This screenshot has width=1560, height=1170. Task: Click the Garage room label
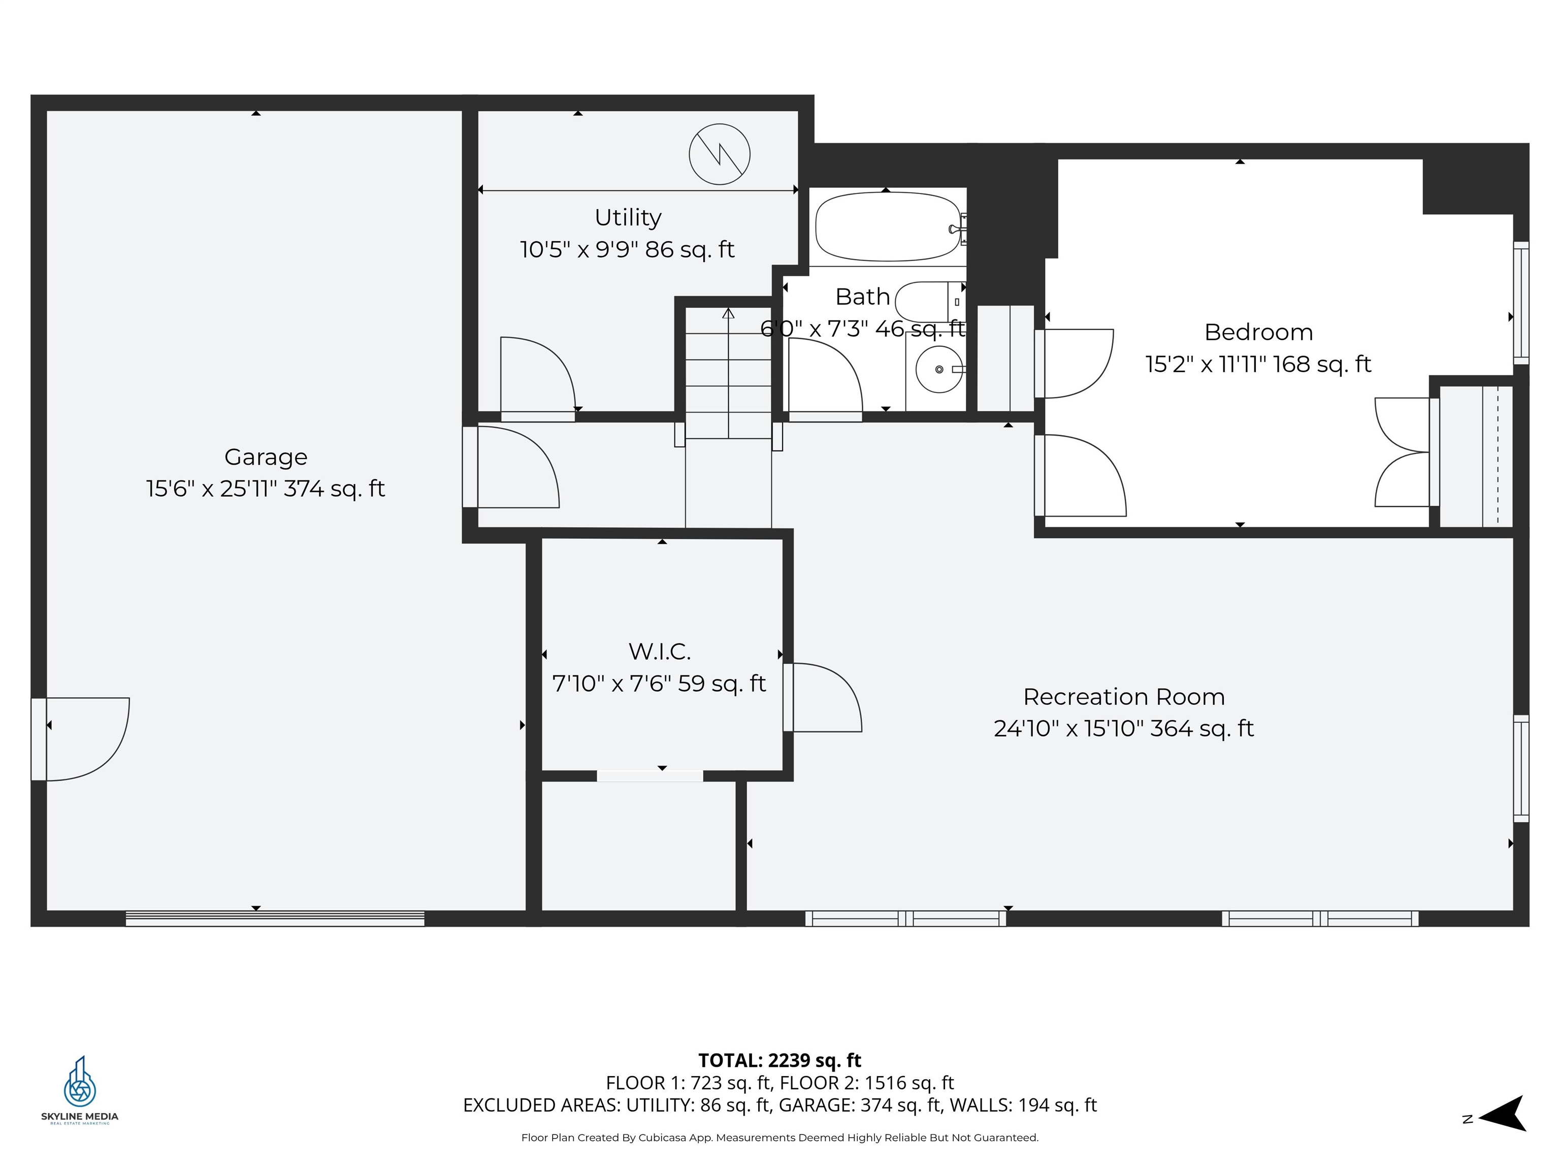[266, 457]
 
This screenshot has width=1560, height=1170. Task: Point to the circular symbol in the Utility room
[720, 154]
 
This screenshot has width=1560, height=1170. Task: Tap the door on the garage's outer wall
[81, 738]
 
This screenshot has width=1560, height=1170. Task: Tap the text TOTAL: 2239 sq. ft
[779, 1060]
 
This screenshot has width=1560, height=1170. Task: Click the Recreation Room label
[1123, 697]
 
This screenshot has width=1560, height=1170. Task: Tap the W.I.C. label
[660, 652]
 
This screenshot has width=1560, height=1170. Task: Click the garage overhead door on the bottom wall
[275, 918]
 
